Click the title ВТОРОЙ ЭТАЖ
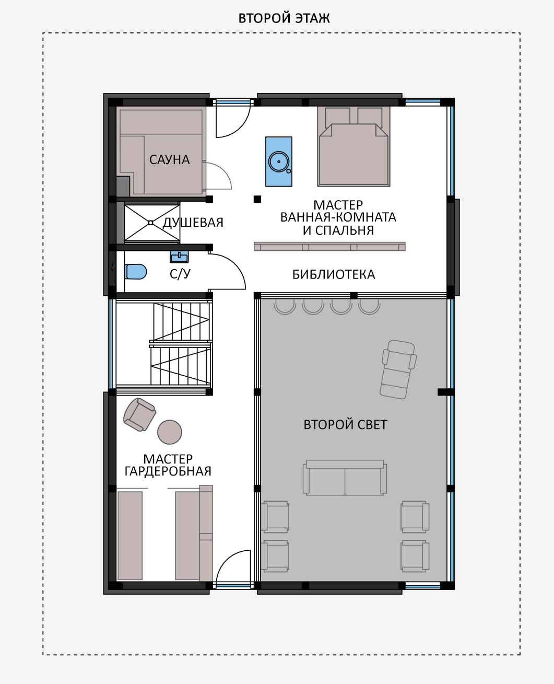click(284, 18)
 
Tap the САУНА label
click(169, 159)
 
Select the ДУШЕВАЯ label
click(193, 222)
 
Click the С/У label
click(180, 274)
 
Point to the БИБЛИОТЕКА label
click(334, 274)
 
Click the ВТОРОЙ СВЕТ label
click(346, 424)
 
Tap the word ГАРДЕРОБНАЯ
click(168, 471)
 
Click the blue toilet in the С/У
click(136, 272)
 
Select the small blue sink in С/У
click(179, 257)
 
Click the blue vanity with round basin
click(279, 161)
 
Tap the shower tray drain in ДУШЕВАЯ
click(150, 223)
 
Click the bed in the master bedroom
click(353, 146)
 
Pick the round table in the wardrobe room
click(170, 432)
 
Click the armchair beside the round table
click(139, 414)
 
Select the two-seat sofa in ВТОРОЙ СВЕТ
click(345, 478)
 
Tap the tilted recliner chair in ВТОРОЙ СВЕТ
click(398, 369)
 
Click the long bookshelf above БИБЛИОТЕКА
click(329, 246)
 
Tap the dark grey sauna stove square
click(123, 186)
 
